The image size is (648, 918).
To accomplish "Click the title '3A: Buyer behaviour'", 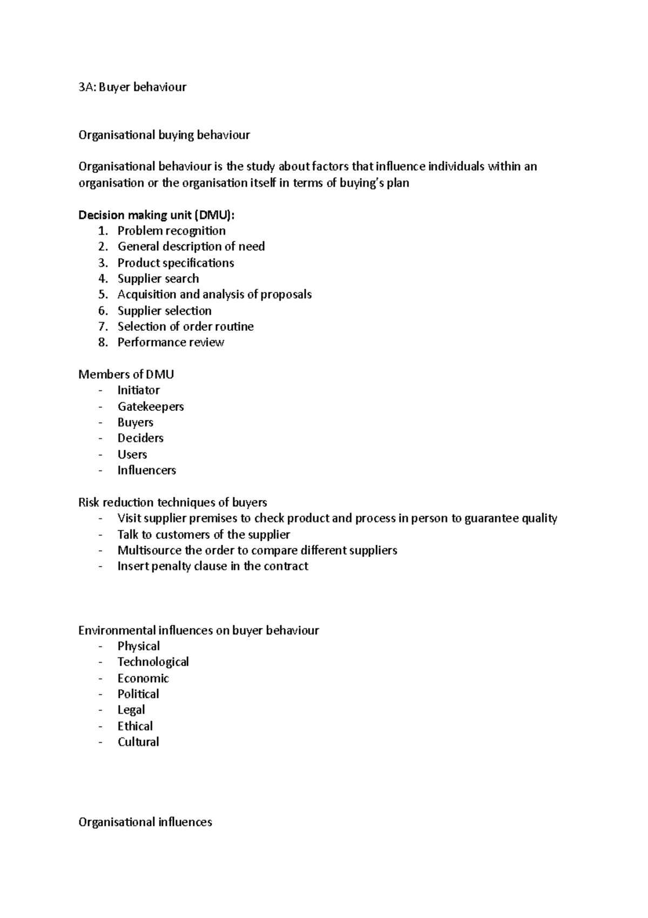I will point(132,87).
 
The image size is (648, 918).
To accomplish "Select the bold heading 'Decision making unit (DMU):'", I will point(157,215).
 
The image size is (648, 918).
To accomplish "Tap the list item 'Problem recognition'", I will point(171,231).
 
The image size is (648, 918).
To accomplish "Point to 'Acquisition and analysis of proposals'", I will point(214,295).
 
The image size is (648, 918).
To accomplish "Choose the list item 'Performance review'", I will point(171,342).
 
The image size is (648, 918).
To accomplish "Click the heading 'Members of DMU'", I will point(126,374).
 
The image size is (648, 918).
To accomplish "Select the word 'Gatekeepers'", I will point(151,407).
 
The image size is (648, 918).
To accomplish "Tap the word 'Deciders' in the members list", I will point(140,438).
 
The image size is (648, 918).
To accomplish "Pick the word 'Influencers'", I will point(147,470).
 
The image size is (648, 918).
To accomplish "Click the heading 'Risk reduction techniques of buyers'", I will point(173,502).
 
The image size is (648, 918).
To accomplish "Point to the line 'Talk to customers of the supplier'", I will point(204,535).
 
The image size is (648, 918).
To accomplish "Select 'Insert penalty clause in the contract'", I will point(213,566).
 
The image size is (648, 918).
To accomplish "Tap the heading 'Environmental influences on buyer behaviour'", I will point(199,630).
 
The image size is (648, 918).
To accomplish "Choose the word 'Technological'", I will point(153,662).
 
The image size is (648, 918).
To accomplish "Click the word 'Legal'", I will point(131,710).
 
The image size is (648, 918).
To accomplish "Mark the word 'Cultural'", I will point(138,742).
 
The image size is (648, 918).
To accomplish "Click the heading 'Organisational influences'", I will point(145,822).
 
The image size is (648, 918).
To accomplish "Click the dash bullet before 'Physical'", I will point(100,647).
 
